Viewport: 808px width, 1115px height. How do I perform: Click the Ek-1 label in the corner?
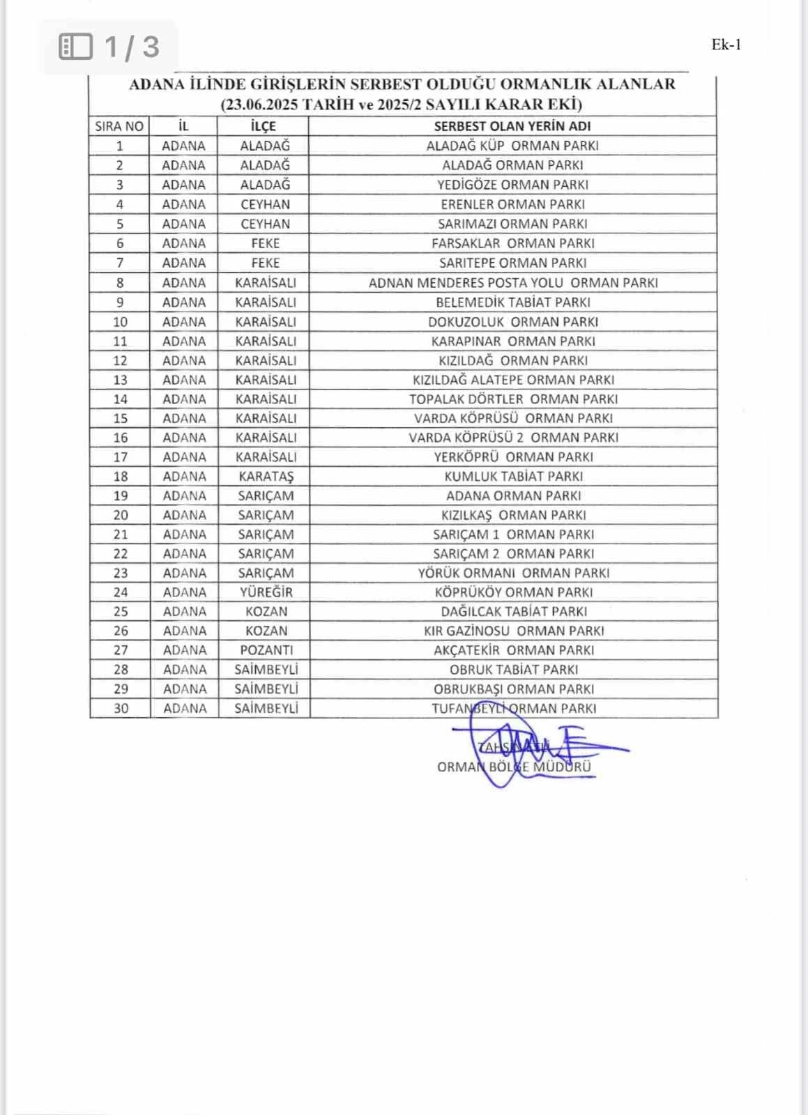(726, 45)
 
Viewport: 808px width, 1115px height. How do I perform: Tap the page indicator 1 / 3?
(131, 47)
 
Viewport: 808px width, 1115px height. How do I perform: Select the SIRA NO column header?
(119, 126)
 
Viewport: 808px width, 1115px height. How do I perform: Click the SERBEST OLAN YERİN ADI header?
(512, 126)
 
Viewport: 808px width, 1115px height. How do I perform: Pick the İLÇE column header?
(263, 126)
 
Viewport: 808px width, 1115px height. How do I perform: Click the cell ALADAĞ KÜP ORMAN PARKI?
(512, 146)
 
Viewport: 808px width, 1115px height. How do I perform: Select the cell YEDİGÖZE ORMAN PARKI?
(512, 185)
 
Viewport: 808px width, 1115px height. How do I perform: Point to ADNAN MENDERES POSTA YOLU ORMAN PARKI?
(513, 283)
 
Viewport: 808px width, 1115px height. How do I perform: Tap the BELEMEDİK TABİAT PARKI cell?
(512, 302)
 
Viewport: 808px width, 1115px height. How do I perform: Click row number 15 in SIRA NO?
(120, 418)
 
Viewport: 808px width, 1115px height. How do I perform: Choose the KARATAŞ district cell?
(266, 477)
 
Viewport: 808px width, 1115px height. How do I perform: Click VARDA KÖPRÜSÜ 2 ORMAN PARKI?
(513, 438)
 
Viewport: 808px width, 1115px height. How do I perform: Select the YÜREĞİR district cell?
(266, 592)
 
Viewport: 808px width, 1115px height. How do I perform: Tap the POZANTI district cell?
(266, 650)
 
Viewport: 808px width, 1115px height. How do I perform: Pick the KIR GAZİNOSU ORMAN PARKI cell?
(514, 631)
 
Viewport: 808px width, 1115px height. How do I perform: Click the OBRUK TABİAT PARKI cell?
(514, 670)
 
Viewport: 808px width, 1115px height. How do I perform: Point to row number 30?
(121, 709)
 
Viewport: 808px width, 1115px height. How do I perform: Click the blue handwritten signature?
(530, 746)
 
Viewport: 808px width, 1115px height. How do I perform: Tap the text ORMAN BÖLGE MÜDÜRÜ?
(514, 767)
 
